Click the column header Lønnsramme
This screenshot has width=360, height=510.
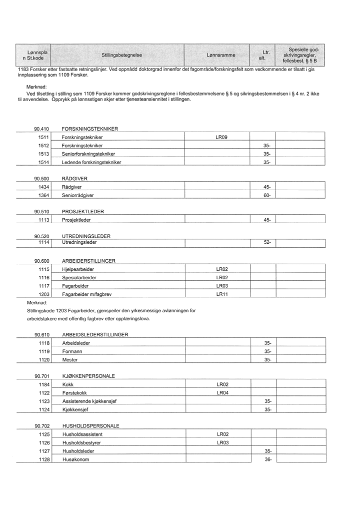(220, 55)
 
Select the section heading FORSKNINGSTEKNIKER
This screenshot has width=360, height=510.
(89, 129)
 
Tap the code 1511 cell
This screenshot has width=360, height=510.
(43, 137)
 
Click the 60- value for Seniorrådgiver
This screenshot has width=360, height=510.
(267, 195)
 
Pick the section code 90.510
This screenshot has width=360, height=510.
(41, 212)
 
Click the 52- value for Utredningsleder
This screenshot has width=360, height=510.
(267, 243)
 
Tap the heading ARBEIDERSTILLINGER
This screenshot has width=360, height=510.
(88, 261)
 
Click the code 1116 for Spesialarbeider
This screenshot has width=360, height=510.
(43, 277)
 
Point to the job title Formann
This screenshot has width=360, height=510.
(72, 351)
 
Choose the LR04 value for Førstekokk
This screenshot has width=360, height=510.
(222, 393)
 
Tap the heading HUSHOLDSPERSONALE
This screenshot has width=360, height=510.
(90, 426)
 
